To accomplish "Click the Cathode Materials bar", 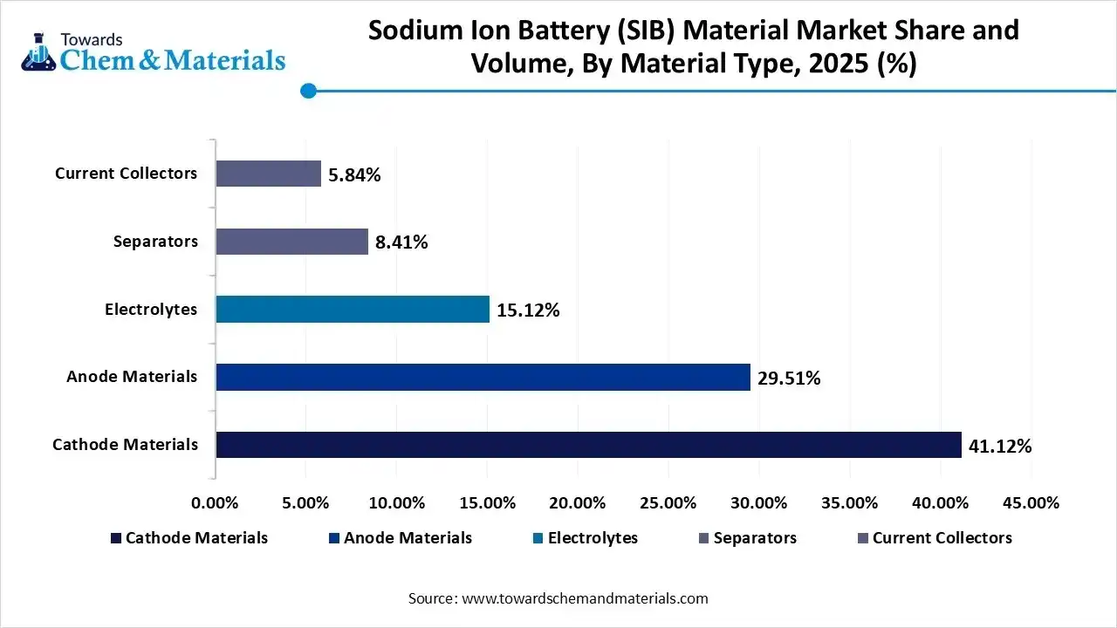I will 588,445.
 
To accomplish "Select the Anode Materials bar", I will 483,377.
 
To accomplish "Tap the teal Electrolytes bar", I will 353,310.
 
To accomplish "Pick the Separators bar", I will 291,242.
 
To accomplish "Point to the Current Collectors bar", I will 268,174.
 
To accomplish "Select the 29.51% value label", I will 789,379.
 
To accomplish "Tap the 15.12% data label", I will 528,311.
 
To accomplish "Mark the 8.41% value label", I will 401,242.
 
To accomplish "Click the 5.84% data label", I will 354,175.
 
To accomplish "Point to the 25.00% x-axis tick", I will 668,503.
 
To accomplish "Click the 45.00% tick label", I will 1031,503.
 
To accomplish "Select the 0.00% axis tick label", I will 215,503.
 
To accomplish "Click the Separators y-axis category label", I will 155,242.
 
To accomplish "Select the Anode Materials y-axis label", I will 132,377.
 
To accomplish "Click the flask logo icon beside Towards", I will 38,53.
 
